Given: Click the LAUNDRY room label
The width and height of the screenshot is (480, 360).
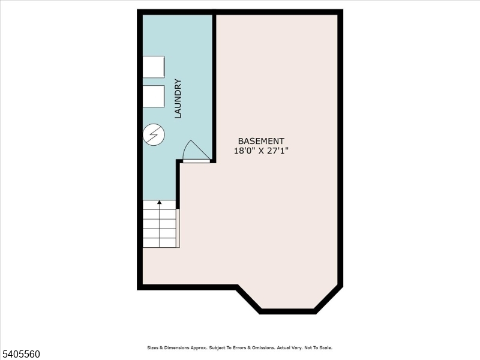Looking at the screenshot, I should coord(178,98).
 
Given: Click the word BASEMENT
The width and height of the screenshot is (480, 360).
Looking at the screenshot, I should coord(261,141).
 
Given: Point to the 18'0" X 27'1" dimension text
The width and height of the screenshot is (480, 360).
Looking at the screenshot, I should coord(261,151).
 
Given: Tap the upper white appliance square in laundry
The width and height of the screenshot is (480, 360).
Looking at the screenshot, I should coord(153,67).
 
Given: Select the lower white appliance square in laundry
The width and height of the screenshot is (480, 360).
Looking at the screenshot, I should coord(153,96).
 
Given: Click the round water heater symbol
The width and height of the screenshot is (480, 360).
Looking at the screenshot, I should coord(153,134).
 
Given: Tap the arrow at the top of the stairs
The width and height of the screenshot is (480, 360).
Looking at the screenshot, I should coord(159,203).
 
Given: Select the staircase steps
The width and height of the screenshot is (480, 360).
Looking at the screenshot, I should coord(159,227).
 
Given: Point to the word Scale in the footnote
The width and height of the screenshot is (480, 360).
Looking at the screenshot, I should coord(325,348).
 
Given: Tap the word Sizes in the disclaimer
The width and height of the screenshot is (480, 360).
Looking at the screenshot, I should coord(154,348).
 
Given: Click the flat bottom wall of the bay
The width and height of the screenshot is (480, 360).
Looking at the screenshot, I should coord(287,311).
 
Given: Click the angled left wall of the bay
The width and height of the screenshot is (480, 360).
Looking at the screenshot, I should coord(248,299).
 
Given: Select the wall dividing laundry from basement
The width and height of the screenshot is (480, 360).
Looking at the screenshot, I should coord(214,84).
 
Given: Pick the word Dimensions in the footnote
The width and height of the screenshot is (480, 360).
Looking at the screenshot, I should coord(177,348).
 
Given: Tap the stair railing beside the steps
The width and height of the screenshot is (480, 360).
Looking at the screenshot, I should coord(178,228).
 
